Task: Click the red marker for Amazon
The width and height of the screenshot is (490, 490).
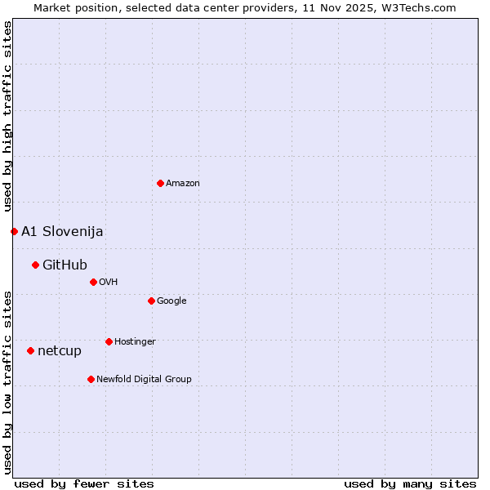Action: click(160, 183)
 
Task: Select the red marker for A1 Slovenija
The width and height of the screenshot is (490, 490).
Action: click(14, 231)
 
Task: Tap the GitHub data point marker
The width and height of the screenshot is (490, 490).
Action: click(35, 265)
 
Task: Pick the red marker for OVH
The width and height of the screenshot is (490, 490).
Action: click(93, 282)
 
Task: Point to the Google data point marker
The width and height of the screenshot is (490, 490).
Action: click(151, 301)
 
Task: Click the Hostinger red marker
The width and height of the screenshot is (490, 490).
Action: click(109, 341)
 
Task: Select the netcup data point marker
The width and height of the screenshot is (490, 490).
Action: click(30, 350)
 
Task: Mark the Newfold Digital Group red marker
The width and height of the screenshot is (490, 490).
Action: click(91, 379)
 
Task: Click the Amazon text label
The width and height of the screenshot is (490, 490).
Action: click(183, 183)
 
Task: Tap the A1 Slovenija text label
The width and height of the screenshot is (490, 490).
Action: click(62, 231)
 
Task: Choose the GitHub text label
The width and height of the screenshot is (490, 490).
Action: click(65, 265)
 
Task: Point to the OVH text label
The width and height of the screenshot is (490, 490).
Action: click(109, 282)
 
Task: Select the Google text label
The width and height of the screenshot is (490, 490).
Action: click(171, 301)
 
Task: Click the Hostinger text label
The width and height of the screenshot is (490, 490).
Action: click(135, 341)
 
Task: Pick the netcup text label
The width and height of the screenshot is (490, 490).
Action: click(60, 351)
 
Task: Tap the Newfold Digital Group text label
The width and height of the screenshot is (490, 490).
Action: click(144, 379)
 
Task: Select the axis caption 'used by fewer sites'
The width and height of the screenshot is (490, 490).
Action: click(84, 483)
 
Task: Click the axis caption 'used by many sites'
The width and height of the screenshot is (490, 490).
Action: click(410, 483)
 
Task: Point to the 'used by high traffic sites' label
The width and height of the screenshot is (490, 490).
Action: click(7, 116)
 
